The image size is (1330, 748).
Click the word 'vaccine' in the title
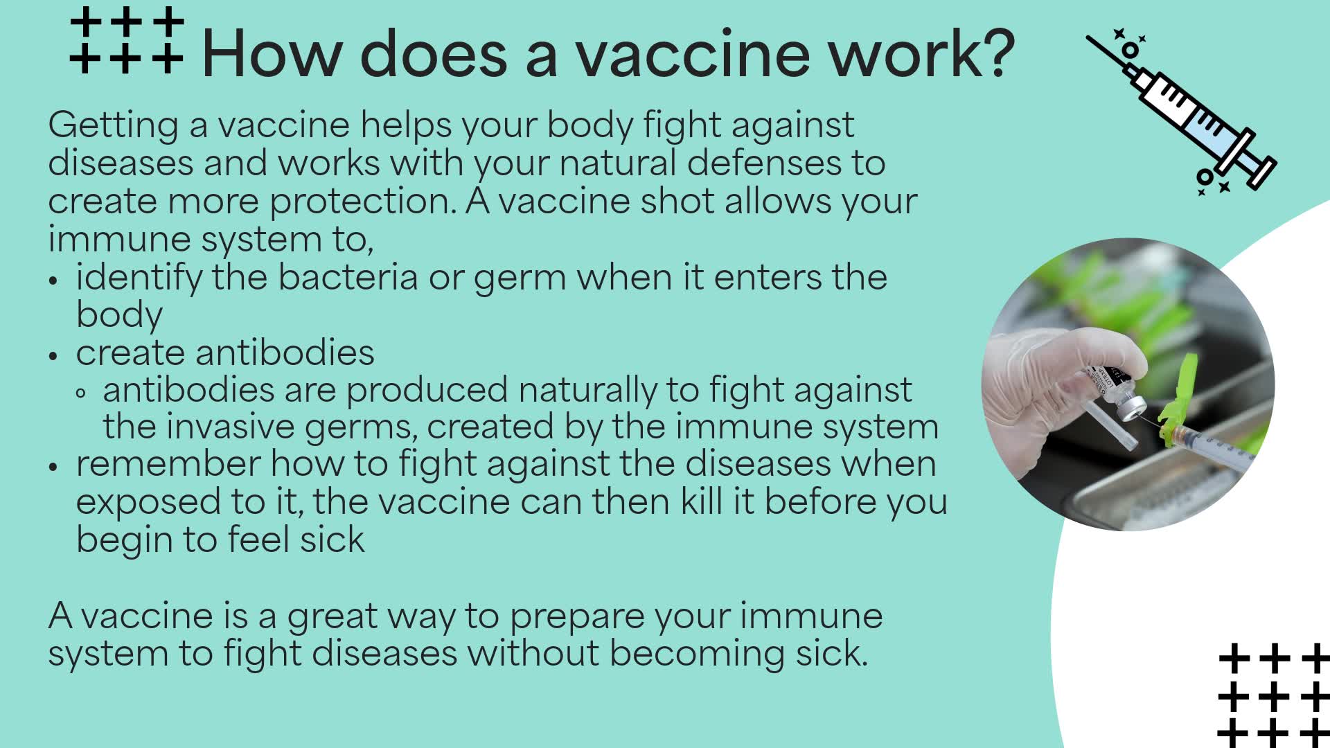coord(692,54)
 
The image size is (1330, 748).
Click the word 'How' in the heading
coord(269,54)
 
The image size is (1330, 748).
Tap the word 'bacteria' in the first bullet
coord(348,278)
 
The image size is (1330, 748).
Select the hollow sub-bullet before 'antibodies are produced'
coord(81,393)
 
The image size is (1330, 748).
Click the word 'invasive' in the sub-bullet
coord(230,427)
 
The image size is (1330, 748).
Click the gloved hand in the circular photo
coord(1039,388)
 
